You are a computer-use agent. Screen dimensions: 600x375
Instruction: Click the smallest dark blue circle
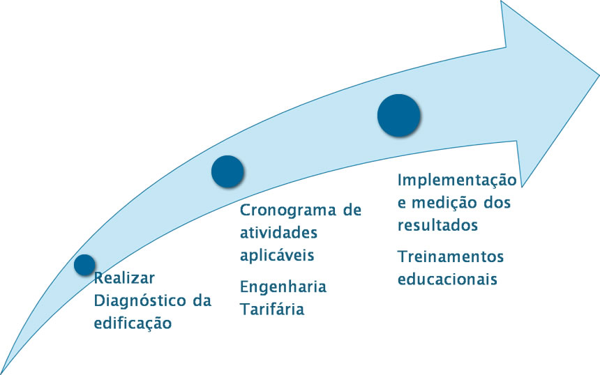tap(84, 265)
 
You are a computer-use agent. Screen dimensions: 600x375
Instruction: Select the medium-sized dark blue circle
tap(227, 171)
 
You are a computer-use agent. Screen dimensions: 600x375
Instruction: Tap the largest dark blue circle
tap(399, 116)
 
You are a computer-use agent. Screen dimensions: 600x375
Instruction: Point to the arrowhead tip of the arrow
tap(599, 75)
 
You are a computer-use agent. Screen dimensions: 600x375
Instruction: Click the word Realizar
tap(124, 278)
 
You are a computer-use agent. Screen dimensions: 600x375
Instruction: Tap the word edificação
tap(133, 323)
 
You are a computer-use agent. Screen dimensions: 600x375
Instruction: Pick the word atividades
tap(278, 232)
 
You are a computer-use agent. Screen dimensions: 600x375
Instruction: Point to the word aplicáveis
tap(277, 255)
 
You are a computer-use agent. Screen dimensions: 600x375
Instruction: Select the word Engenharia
tap(283, 286)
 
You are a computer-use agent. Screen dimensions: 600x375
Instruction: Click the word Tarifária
tap(272, 309)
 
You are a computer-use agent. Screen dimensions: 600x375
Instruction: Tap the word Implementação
tap(457, 180)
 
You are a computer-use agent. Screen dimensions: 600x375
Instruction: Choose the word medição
tap(443, 203)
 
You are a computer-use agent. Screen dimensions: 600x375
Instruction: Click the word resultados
tap(437, 226)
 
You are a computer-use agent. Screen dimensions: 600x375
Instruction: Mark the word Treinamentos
tap(451, 257)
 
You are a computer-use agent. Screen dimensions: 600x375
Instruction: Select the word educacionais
tap(448, 279)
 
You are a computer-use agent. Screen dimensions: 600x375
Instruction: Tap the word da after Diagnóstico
tap(202, 300)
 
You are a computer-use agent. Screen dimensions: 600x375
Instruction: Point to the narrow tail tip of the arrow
tap(1, 373)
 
